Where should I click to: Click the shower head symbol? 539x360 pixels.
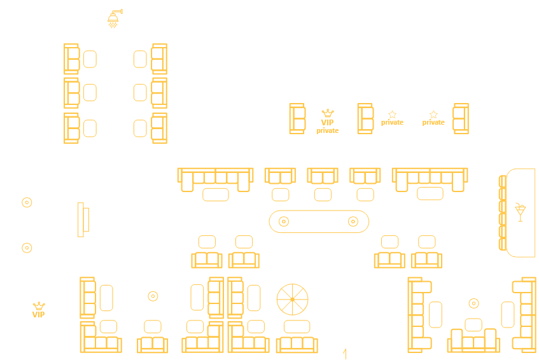115,17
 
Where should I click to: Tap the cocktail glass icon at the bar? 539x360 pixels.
521,212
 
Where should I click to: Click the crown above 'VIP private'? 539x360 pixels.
327,113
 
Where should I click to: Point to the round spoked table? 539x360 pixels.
293,299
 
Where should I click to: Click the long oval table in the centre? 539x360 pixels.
319,221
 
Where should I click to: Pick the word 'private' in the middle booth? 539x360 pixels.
392,122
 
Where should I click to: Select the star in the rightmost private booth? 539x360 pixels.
433,114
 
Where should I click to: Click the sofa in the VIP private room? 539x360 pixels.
297,118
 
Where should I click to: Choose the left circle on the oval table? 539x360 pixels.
284,221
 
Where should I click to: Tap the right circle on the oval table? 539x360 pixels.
353,221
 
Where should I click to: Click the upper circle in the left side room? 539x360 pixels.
27,202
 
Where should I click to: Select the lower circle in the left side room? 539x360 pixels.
27,247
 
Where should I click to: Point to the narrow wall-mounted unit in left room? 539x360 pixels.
81,219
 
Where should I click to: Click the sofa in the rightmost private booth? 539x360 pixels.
461,118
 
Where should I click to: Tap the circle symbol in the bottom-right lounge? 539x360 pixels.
473,303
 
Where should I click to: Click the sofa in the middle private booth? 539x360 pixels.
365,118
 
